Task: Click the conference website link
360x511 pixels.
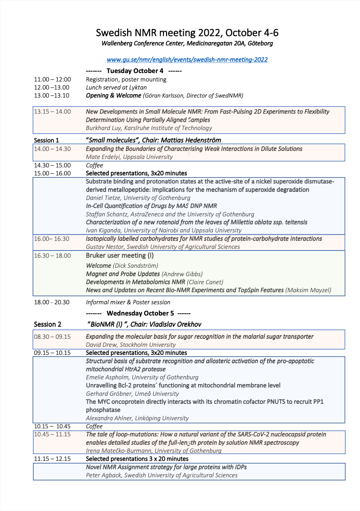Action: [187, 60]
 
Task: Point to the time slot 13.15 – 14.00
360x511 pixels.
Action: [52, 112]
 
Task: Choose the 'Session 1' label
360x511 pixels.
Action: [46, 140]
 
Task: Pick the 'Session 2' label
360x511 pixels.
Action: [47, 324]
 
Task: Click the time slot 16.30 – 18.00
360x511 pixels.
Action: [52, 255]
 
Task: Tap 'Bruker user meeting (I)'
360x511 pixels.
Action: [120, 255]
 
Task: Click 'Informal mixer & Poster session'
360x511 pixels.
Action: [128, 302]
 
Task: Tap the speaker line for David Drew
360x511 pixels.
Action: [131, 344]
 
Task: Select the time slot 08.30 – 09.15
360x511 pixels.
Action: [52, 337]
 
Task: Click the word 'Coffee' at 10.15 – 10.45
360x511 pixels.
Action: [94, 426]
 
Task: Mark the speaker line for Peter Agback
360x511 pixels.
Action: [162, 475]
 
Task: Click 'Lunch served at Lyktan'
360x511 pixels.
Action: [116, 88]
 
